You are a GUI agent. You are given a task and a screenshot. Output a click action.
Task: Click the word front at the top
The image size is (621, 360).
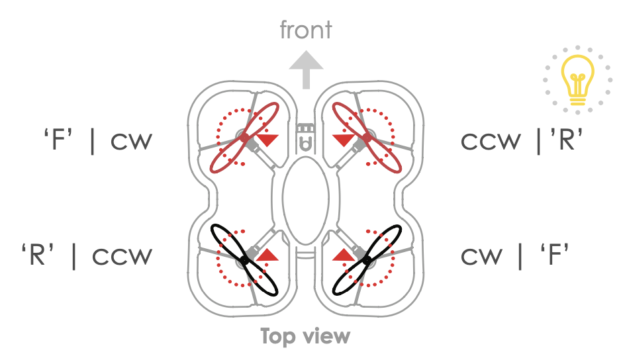click(306, 30)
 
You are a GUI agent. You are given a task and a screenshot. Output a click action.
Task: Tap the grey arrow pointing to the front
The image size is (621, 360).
click(306, 69)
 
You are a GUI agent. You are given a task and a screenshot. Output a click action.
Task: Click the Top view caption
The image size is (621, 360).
click(305, 336)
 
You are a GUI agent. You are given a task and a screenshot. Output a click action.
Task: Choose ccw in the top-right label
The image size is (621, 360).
click(491, 142)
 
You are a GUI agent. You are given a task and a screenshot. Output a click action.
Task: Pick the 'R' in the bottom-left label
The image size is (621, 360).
click(38, 255)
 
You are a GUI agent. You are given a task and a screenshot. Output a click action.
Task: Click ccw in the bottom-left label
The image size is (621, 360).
click(122, 256)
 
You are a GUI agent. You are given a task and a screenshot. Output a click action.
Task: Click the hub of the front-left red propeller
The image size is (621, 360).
click(244, 138)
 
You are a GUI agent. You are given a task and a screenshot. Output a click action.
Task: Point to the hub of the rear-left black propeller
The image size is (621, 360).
click(244, 261)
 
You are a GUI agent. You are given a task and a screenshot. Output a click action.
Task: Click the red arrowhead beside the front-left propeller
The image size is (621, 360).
click(267, 140)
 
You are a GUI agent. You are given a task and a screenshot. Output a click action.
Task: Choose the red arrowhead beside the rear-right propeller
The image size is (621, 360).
click(343, 255)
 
